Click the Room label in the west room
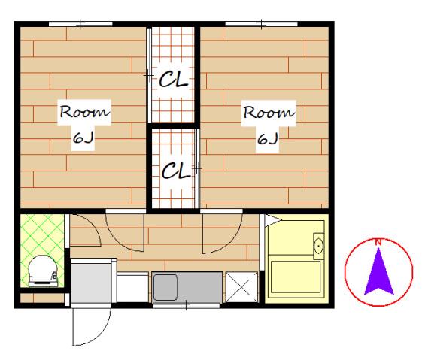point(85,111)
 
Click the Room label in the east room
point(269,113)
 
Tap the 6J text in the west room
point(83,138)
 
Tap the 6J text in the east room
point(268,139)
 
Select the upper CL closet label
point(174,79)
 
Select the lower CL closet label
point(176,171)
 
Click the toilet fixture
point(44,271)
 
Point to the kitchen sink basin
point(165,287)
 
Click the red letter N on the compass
point(378,242)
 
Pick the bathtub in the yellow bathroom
point(296,277)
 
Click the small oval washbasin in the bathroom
point(318,246)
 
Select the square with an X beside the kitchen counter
point(241,287)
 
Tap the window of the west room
point(80,24)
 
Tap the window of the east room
point(261,24)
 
